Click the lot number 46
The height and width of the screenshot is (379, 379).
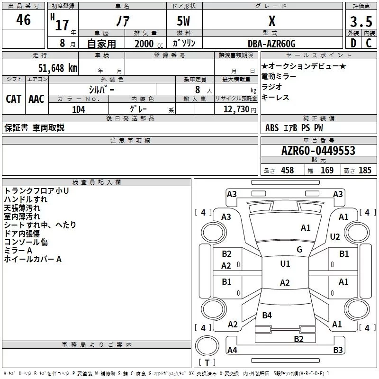23,20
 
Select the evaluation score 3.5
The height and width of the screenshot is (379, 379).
361,22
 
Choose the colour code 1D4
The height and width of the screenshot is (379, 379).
78,109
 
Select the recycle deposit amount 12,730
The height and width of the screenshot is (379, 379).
236,109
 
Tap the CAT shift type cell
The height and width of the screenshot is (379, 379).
14,99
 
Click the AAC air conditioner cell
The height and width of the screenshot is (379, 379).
36,99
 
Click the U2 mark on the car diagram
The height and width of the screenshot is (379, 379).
335,237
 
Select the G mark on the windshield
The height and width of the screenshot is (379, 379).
299,250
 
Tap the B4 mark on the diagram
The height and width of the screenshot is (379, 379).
267,316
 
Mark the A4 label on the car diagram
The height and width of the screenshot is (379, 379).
232,350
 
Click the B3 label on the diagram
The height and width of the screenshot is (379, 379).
338,350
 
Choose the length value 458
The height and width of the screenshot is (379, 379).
287,171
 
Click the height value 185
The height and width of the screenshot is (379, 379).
365,171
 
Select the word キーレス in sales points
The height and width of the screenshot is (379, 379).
275,97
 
